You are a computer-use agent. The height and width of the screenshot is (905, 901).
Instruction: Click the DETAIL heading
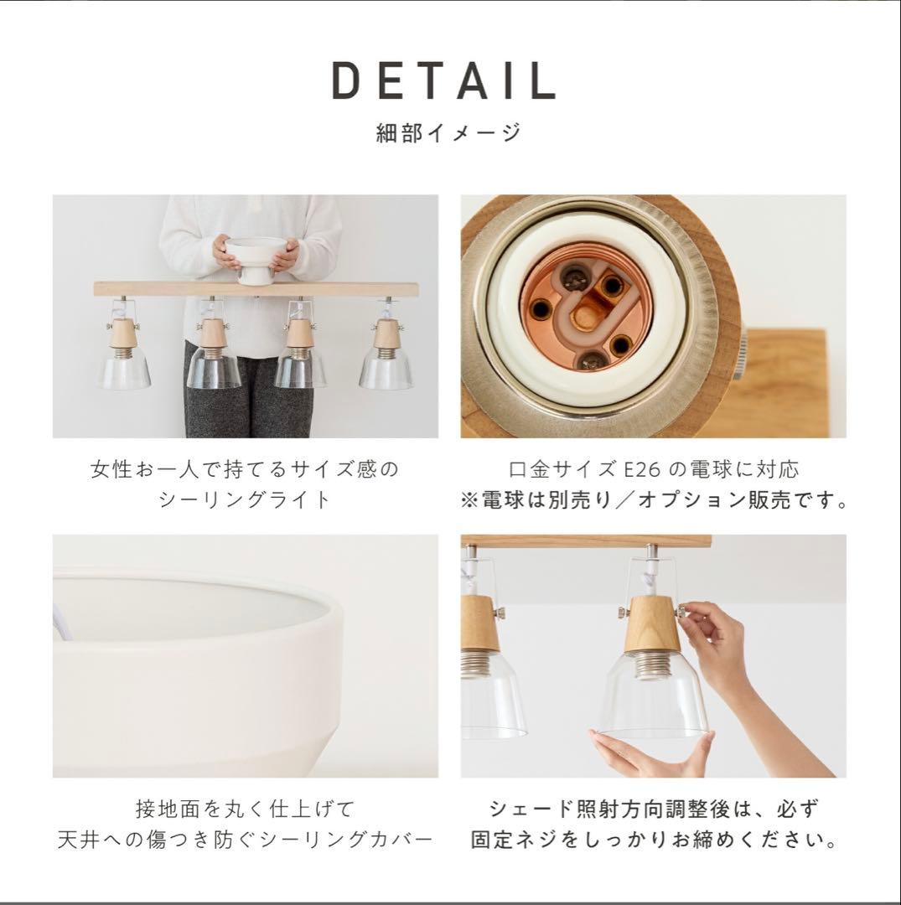pos(443,82)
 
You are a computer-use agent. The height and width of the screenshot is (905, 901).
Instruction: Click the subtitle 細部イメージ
pos(449,133)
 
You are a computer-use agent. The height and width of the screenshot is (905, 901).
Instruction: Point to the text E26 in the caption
pos(644,470)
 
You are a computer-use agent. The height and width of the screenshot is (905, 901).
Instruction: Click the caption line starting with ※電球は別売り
pos(653,501)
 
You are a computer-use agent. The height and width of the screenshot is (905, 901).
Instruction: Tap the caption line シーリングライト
pos(245,501)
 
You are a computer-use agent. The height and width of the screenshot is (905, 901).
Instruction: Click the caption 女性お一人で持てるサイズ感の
pos(245,470)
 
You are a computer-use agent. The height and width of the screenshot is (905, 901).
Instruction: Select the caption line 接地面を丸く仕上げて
pos(245,809)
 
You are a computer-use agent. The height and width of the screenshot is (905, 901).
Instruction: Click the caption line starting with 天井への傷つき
pos(245,840)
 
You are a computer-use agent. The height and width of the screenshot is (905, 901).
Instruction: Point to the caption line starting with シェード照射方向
pos(653,809)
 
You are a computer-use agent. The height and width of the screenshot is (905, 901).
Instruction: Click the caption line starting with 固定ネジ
pos(653,840)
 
